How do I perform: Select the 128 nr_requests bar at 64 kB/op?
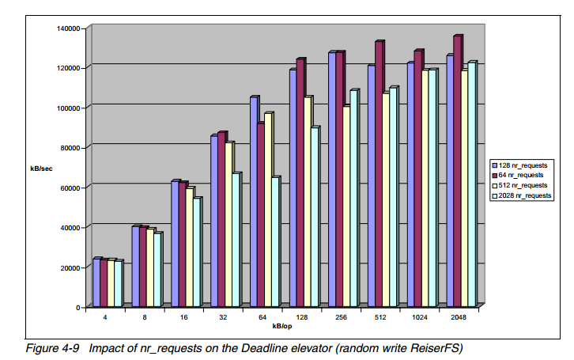click(254, 202)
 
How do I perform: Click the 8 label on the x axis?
click(144, 317)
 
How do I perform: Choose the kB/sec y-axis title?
click(42, 168)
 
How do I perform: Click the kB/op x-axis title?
click(282, 326)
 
